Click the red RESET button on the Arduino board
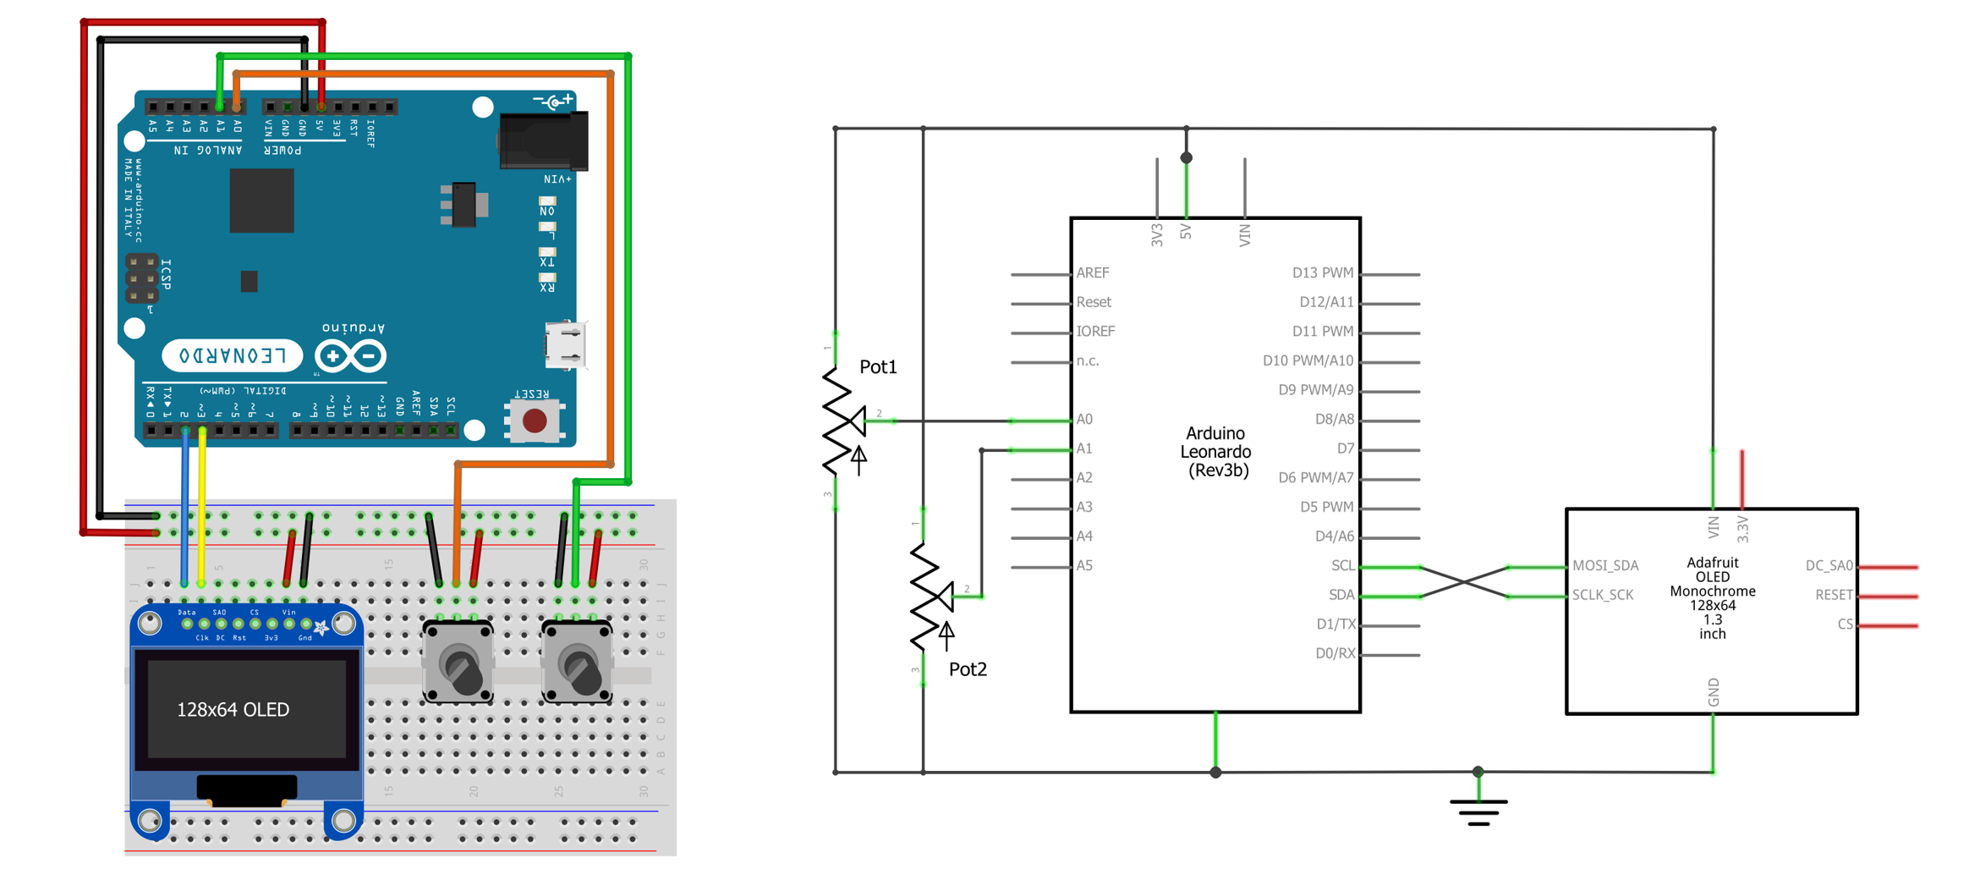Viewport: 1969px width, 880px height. (535, 420)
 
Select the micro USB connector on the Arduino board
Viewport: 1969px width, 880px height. (565, 345)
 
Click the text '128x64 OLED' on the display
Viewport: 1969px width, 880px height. (233, 709)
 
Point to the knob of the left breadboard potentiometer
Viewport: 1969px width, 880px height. (461, 668)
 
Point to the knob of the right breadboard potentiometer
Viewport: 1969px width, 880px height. (580, 668)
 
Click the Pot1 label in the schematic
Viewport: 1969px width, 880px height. (878, 366)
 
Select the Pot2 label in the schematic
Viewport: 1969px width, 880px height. (968, 668)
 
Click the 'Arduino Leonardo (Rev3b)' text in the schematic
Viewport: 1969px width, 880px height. (1215, 452)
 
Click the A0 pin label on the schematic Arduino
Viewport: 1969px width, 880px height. (1084, 419)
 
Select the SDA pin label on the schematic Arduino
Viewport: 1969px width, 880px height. (1341, 595)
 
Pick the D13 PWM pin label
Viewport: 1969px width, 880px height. (1322, 272)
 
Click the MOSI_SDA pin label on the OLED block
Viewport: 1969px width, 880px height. (1605, 565)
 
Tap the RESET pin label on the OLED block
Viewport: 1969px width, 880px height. (1833, 595)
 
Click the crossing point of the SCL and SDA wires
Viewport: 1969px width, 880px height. (1464, 581)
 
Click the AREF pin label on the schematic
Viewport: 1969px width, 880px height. (1092, 272)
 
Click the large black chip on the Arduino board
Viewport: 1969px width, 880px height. (261, 201)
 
